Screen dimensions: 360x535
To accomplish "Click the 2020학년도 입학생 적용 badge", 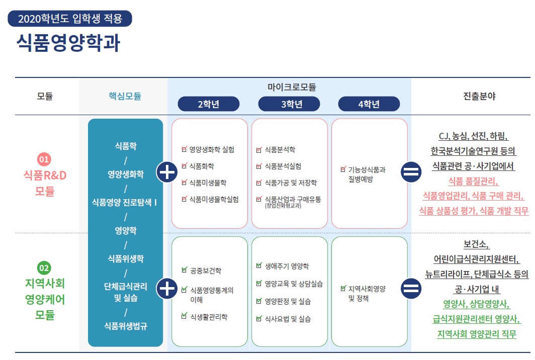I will (x=70, y=19).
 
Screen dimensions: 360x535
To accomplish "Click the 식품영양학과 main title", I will (x=68, y=43).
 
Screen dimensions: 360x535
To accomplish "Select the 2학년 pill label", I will (x=208, y=104).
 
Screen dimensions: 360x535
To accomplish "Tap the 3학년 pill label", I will (x=289, y=104).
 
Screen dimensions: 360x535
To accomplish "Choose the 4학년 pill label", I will (x=369, y=104).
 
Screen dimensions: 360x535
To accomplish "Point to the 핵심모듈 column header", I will (x=125, y=96).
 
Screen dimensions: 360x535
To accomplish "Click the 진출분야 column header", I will (x=479, y=96).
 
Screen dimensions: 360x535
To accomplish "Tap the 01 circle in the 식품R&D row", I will (x=45, y=160).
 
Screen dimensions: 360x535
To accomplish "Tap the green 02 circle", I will (x=45, y=268).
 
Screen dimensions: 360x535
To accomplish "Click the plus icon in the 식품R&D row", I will (x=166, y=172).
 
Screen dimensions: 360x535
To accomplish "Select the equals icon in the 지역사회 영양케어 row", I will (x=411, y=289).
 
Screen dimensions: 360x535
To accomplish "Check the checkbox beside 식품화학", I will (x=185, y=166).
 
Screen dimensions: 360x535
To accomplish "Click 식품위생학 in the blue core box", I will (x=125, y=258).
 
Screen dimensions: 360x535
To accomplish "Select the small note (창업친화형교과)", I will (x=283, y=206).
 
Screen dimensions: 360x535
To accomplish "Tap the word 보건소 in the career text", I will (x=476, y=245).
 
